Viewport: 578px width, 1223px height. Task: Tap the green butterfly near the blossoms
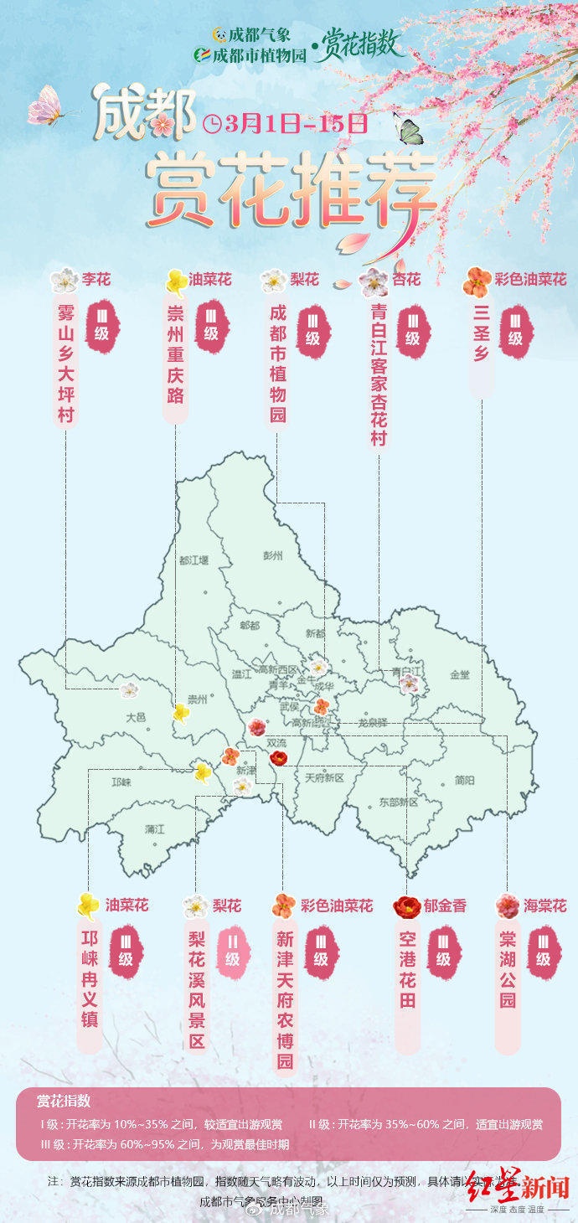click(x=409, y=129)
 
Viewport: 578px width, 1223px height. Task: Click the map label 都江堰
click(x=194, y=560)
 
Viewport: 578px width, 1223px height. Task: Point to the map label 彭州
click(x=273, y=555)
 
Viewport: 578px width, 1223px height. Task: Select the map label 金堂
click(x=460, y=674)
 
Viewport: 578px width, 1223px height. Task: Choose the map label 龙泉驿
click(x=373, y=721)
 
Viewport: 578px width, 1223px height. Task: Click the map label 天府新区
click(x=325, y=778)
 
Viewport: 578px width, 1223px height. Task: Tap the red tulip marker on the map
click(x=278, y=758)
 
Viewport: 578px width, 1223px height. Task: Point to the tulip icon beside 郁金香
click(x=407, y=906)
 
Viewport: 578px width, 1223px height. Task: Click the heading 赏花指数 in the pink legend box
click(x=64, y=1101)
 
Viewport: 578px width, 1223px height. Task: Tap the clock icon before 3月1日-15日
click(x=212, y=124)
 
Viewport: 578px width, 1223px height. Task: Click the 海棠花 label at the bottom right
click(x=544, y=906)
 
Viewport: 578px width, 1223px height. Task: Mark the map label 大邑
click(x=136, y=717)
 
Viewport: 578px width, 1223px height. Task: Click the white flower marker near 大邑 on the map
click(x=129, y=690)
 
